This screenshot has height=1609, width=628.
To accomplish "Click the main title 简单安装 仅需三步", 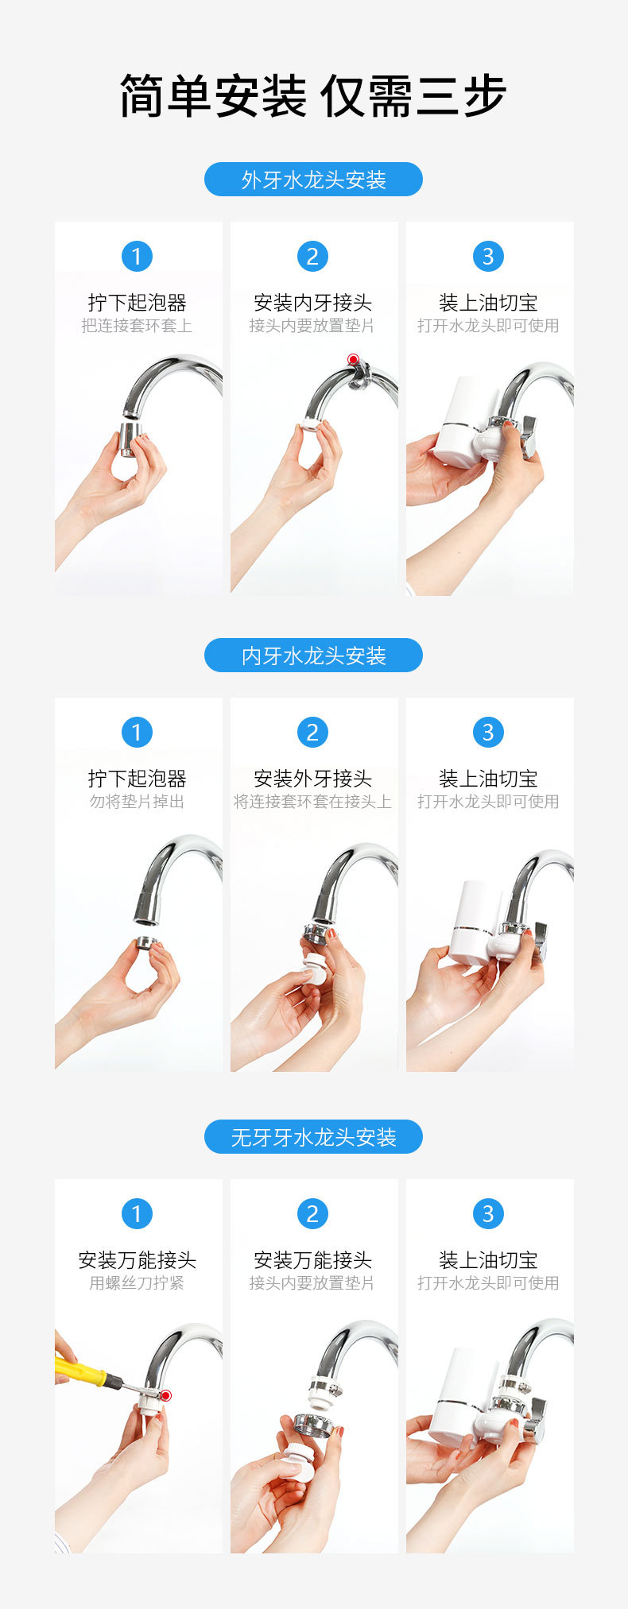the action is tap(313, 97).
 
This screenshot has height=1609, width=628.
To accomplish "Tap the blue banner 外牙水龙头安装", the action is tap(313, 180).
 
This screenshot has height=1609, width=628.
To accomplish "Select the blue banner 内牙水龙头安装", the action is tap(313, 656).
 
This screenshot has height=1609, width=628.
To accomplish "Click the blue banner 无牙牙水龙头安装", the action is tap(313, 1137).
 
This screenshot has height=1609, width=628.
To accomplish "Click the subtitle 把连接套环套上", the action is tap(137, 326).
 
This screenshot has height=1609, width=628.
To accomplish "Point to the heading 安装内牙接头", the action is tap(313, 303).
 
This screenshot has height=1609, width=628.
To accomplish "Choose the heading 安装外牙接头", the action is tap(313, 779).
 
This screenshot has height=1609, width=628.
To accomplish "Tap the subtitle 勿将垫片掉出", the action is tap(137, 802).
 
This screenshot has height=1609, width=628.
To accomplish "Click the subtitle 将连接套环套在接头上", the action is tap(313, 802).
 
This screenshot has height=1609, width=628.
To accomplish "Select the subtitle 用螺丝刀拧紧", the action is tap(137, 1283).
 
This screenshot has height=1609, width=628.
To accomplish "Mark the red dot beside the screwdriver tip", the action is tap(165, 1395).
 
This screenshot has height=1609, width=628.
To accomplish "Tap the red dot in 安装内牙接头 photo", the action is tap(353, 360).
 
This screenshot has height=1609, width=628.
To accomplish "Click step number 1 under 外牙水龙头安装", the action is tap(137, 256).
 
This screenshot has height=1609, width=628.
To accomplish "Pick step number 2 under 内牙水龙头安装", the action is tap(312, 732).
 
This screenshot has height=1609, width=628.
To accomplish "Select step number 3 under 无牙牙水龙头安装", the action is tap(488, 1213).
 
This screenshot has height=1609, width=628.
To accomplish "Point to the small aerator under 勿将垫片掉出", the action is tap(146, 943).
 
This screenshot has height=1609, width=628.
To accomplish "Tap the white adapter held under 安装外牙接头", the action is tap(316, 971).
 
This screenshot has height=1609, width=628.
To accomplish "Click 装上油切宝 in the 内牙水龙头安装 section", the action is tap(488, 779).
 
